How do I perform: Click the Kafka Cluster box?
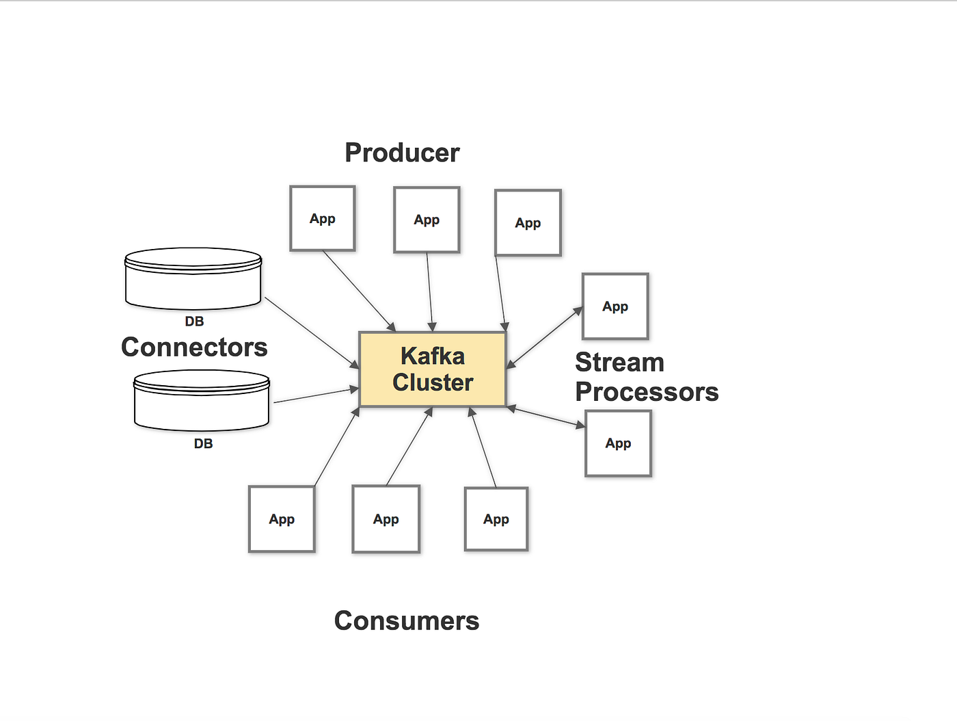432,369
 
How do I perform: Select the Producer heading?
402,153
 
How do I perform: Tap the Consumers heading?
407,620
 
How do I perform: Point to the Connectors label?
194,347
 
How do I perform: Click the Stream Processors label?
646,377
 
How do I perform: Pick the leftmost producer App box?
322,218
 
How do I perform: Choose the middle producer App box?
427,220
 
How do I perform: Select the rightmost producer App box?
528,223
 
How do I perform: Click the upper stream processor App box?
615,306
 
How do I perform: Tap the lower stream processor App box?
618,443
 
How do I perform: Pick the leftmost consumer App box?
282,519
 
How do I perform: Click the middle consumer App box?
386,519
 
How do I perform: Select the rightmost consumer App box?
496,519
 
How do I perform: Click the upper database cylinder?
193,278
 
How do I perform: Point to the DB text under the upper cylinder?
194,322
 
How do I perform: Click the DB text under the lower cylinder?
203,444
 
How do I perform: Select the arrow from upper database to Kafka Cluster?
312,332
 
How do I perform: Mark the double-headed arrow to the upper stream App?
544,338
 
